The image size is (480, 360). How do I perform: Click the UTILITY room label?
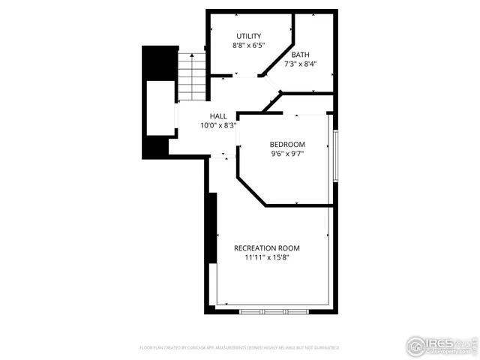point(248,36)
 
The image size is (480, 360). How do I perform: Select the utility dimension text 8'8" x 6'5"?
point(248,46)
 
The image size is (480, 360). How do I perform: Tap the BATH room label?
point(300,55)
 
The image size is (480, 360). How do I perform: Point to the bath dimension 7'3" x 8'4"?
point(300,64)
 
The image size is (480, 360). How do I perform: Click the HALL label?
point(218,116)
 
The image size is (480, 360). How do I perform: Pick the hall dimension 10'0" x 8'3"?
point(218,126)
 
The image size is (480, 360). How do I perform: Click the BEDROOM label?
point(287,144)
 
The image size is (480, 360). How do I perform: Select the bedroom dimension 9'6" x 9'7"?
point(287,154)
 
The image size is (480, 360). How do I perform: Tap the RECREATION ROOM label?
point(267,248)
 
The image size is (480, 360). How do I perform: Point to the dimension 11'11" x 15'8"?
point(267,258)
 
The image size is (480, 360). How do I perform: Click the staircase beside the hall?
point(192,76)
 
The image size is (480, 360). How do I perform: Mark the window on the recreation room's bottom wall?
point(273,310)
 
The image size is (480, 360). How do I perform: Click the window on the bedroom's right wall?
point(335,156)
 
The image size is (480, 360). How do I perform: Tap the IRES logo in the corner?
point(441,346)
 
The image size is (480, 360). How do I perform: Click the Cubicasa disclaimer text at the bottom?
point(239,348)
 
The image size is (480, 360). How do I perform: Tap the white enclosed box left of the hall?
point(160,108)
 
